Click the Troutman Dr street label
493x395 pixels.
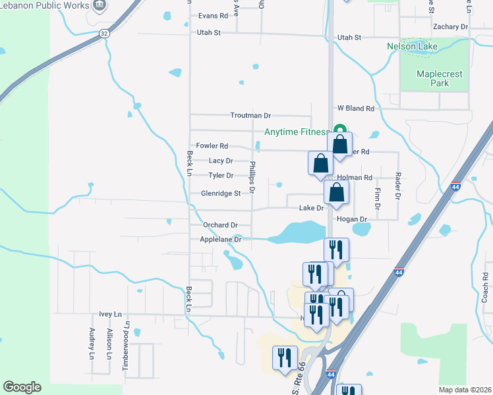[250, 115]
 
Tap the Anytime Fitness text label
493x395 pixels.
[296, 132]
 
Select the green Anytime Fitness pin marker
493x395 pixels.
[340, 130]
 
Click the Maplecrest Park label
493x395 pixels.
[432, 78]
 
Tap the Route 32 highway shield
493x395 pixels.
[104, 32]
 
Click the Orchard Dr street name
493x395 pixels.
[220, 224]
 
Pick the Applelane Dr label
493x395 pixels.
[221, 240]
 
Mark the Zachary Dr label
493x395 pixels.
[450, 27]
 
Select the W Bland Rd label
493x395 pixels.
[356, 108]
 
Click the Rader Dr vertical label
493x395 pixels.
[398, 186]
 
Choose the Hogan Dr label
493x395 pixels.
[351, 219]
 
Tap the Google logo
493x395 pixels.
[22, 387]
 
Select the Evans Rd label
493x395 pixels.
[213, 15]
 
